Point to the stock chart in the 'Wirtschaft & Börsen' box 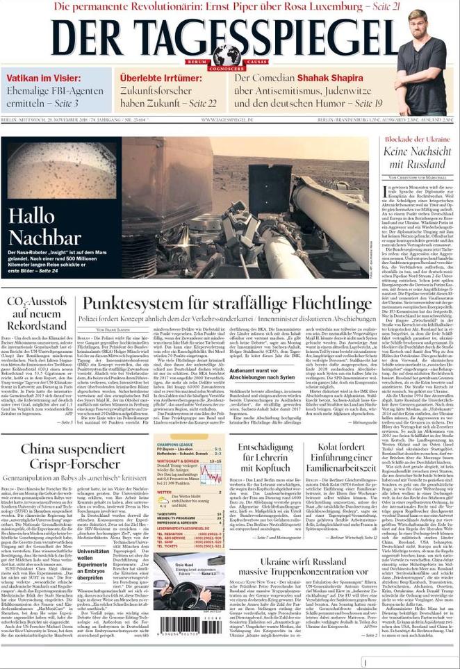pyautogui.click(x=211, y=474)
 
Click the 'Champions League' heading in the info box pyautogui.click(x=179, y=445)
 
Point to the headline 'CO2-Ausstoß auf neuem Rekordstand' pyautogui.click(x=38, y=312)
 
